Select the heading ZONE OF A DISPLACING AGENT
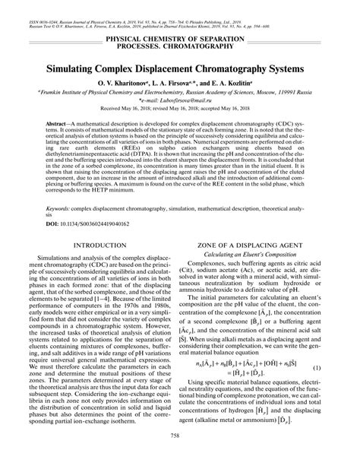coord(267,245)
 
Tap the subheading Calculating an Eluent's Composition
coord(267,255)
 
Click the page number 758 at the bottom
coord(180,457)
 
